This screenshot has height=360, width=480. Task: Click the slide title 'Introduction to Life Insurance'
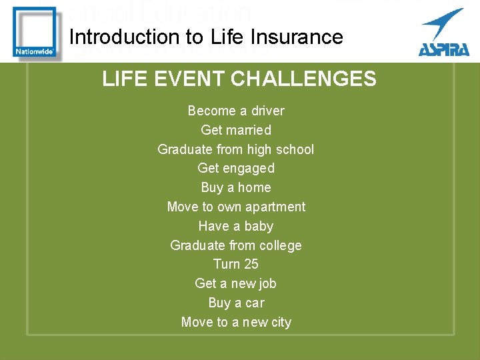[206, 37]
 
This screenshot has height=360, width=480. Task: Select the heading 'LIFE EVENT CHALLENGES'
[239, 79]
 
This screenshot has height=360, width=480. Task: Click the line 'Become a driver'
[236, 111]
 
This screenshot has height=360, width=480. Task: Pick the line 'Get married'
[236, 130]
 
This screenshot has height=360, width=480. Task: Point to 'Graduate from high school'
[235, 149]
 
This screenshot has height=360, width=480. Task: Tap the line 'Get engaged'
[236, 168]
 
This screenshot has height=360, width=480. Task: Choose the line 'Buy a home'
[236, 187]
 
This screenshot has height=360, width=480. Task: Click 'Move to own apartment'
[236, 207]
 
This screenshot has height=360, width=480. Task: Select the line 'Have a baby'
[236, 226]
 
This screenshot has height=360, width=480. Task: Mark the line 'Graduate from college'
[236, 245]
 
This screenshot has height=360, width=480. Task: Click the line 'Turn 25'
[236, 264]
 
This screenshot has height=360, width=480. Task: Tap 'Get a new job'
[236, 283]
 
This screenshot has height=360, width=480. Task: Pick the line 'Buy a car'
[236, 303]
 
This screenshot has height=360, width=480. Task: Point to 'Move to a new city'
[236, 322]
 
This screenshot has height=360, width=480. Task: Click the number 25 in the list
[251, 264]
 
